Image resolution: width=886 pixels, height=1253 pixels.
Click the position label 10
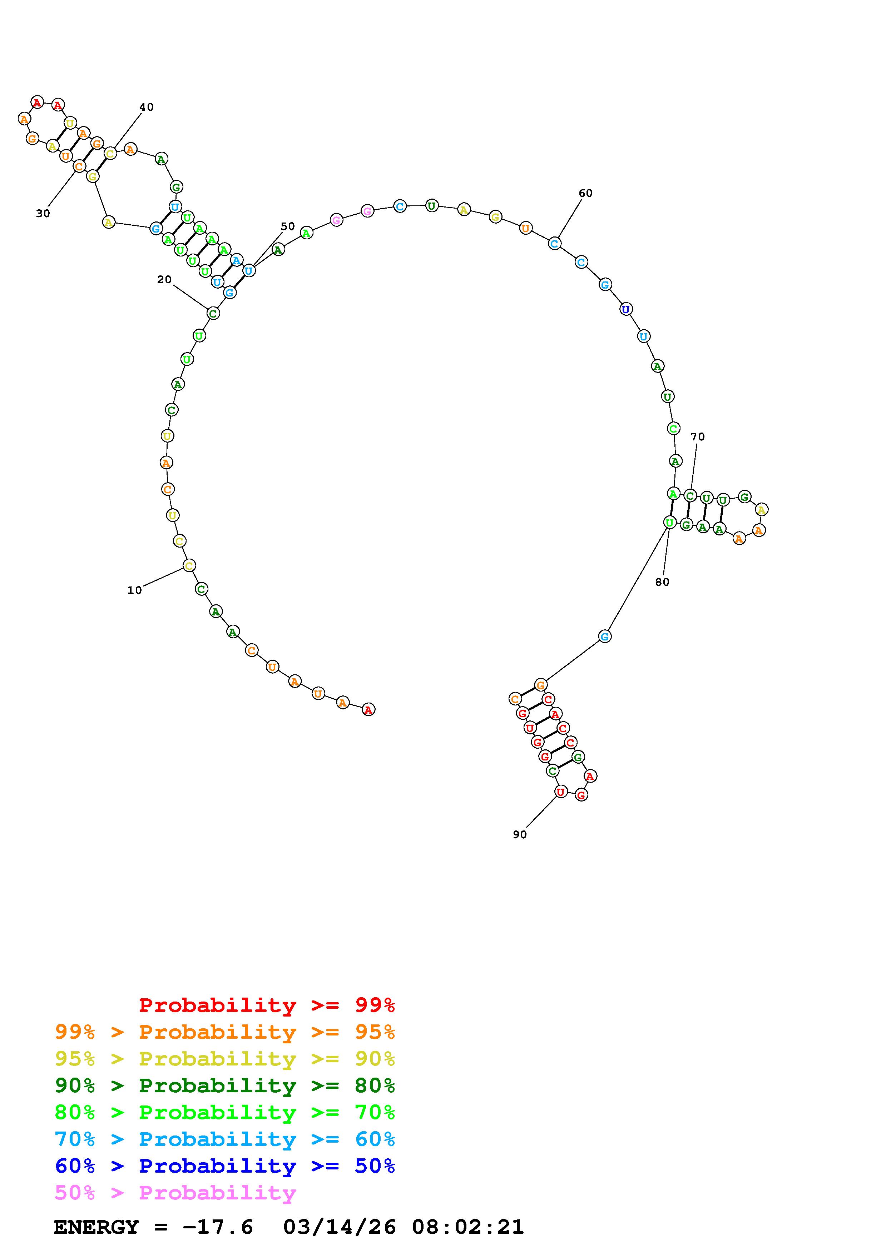click(x=134, y=590)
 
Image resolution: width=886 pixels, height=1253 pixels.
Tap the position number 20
click(x=164, y=279)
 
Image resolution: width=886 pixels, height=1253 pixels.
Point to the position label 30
click(x=43, y=213)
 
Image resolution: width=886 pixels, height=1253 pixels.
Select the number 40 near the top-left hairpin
click(x=146, y=107)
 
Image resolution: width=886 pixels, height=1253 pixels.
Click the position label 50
click(x=288, y=226)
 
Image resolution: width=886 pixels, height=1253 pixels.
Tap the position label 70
click(x=698, y=436)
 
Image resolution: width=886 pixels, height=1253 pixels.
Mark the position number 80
click(x=662, y=582)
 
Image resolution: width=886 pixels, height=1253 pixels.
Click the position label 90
click(x=520, y=834)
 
